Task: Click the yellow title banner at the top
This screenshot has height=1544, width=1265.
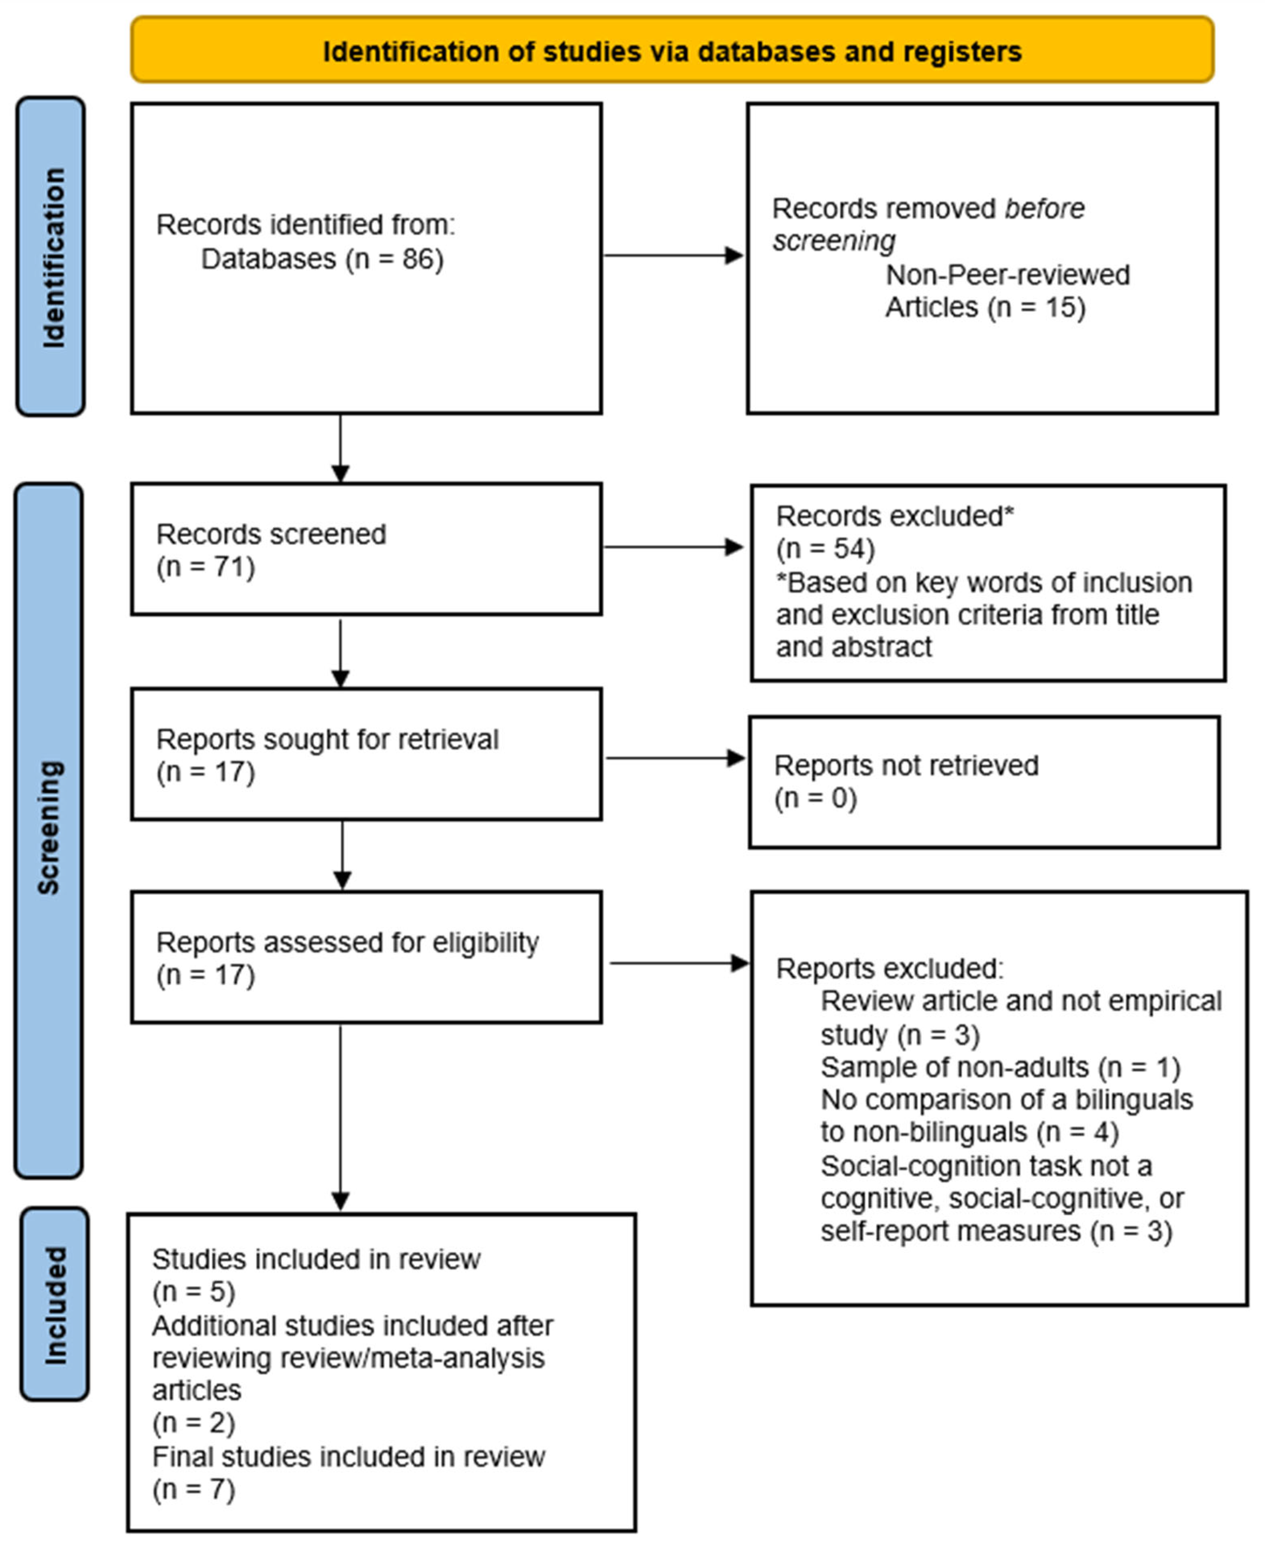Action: (671, 50)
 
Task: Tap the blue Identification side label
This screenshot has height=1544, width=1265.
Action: (51, 257)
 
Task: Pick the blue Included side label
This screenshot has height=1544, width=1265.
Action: (55, 1305)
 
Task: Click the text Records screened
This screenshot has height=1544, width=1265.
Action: (271, 534)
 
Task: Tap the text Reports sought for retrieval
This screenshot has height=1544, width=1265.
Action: (327, 740)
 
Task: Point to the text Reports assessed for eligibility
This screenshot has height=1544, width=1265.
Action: (347, 943)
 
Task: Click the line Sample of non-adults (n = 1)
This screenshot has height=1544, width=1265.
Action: (1000, 1067)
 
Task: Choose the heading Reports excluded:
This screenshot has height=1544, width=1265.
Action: (889, 969)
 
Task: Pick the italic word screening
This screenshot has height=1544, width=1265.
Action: (834, 241)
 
